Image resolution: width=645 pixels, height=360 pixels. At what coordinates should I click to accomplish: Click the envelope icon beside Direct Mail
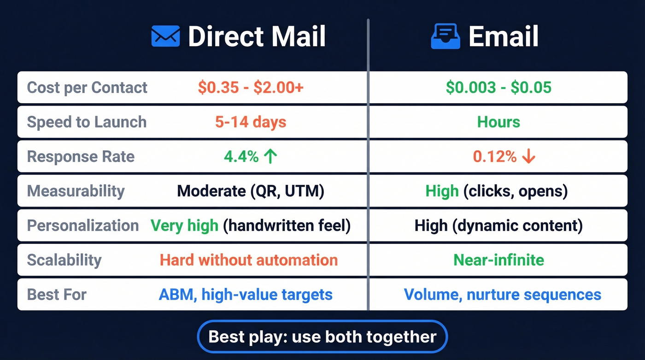[x=165, y=36]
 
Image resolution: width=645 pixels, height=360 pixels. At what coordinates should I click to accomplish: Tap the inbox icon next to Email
[x=446, y=36]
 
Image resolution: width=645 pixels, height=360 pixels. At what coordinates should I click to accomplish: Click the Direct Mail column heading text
[x=257, y=36]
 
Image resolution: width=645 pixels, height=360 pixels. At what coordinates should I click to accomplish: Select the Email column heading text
[x=503, y=36]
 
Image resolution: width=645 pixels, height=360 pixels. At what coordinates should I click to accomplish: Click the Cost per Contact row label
[x=87, y=88]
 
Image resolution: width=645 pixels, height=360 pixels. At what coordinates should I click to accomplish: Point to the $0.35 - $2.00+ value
[x=251, y=88]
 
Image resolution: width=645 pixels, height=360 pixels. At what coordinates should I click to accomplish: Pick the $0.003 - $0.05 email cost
[x=498, y=88]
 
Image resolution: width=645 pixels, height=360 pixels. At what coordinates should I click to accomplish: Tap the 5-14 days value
[x=251, y=122]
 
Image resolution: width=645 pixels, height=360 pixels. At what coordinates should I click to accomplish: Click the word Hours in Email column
[x=498, y=122]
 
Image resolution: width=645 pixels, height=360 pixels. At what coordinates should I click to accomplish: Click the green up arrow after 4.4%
[x=270, y=157]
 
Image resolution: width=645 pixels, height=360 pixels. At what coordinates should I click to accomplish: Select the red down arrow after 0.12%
[x=528, y=157]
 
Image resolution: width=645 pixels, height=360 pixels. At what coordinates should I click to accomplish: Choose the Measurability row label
[x=76, y=191]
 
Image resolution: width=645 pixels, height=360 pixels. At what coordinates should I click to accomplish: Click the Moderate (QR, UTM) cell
[x=251, y=191]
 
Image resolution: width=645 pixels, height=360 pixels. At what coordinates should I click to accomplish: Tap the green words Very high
[x=184, y=225]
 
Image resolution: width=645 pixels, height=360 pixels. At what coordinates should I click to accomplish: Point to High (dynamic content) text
[x=498, y=225]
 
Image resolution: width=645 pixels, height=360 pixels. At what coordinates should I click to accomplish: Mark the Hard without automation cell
[x=249, y=260]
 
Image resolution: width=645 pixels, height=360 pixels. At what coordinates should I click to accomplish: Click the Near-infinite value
[x=498, y=260]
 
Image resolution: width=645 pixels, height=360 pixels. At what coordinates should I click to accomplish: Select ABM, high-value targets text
[x=246, y=294]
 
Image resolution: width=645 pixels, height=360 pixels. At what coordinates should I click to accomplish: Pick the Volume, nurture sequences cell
[x=502, y=294]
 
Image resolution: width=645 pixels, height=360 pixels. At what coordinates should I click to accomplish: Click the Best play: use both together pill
[x=322, y=336]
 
